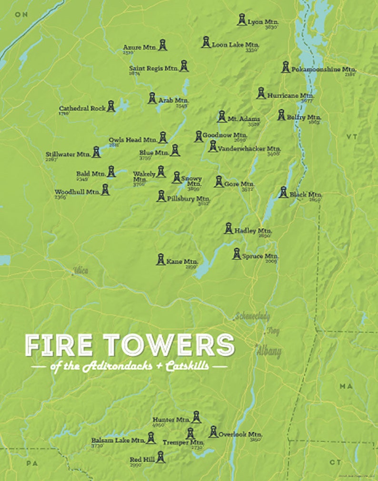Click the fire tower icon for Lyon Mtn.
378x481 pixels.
pyautogui.click(x=242, y=20)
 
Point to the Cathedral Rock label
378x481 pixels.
pyautogui.click(x=82, y=108)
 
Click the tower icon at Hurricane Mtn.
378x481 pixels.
pyautogui.click(x=261, y=93)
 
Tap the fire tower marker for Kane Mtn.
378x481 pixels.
pyautogui.click(x=161, y=259)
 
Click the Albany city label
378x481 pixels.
pyautogui.click(x=269, y=352)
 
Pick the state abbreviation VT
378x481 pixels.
pyautogui.click(x=351, y=137)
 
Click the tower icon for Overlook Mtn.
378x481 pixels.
pyautogui.click(x=213, y=432)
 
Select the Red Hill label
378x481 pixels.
pyautogui.click(x=141, y=460)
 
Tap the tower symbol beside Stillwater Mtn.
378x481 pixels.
pyautogui.click(x=96, y=152)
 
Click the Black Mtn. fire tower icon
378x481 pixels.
pyautogui.click(x=283, y=192)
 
